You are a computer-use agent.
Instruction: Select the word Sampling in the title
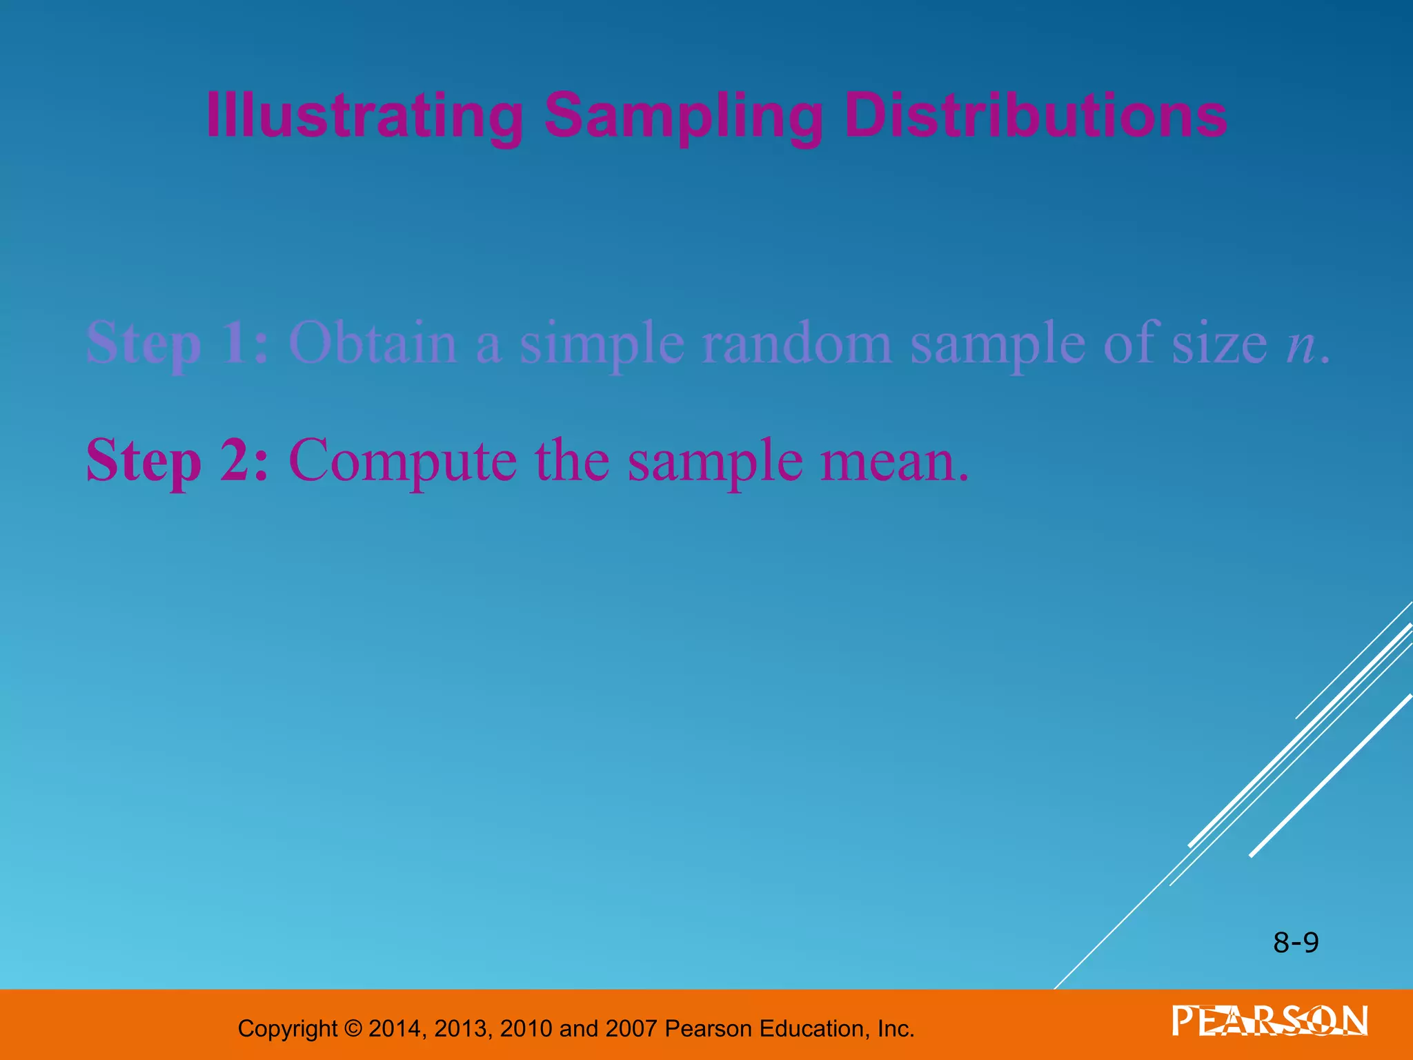point(683,116)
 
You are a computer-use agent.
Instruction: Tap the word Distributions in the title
point(1035,116)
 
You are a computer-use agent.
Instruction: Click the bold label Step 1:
point(177,343)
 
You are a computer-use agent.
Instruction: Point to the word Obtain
point(373,343)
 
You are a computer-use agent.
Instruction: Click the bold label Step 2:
point(177,460)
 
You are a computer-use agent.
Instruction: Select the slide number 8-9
point(1296,943)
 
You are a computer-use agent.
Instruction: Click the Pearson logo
point(1269,1021)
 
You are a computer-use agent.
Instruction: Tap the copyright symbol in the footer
point(353,1029)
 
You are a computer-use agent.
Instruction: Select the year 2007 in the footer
point(631,1029)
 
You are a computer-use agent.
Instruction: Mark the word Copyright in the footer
point(287,1029)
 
